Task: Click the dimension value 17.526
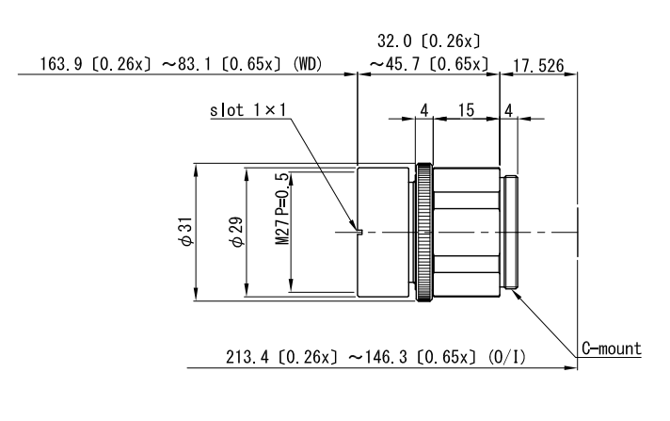coord(538,66)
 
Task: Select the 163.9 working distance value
coord(60,64)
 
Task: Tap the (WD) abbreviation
coord(307,64)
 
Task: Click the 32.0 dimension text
coord(394,41)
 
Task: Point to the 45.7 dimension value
coord(403,64)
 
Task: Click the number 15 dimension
coord(466,110)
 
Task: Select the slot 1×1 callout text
coord(248,110)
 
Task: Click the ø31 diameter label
coord(186,232)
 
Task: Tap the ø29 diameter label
coord(237,232)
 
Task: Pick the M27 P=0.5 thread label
coord(282,208)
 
